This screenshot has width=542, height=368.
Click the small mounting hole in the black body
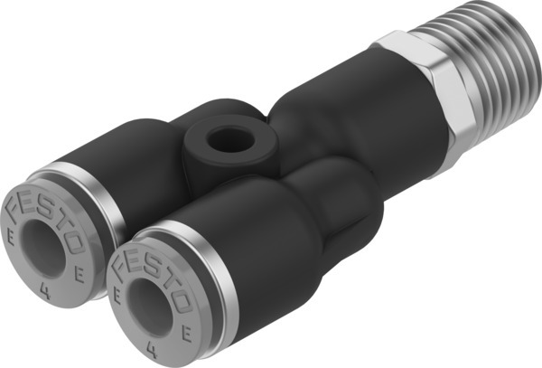(220, 141)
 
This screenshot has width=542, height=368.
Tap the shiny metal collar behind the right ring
(208, 271)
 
